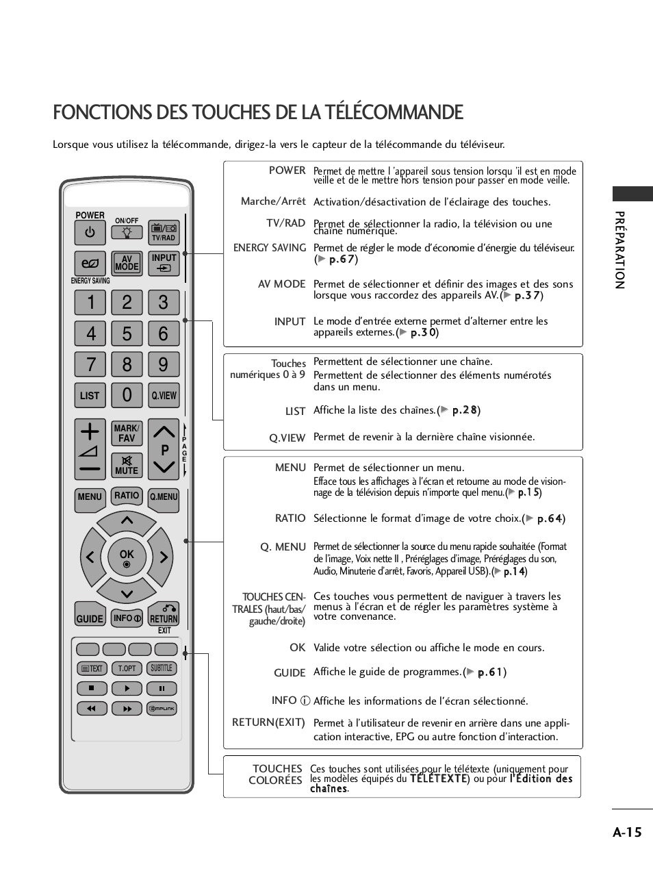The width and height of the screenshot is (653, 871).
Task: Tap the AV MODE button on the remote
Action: click(x=127, y=264)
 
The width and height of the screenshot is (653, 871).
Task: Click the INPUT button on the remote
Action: click(x=164, y=264)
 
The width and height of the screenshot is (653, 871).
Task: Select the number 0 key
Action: click(x=127, y=395)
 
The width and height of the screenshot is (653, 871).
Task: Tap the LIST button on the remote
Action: click(x=90, y=395)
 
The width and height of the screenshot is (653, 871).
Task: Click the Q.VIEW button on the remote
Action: click(x=164, y=395)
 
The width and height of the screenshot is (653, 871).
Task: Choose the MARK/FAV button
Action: click(x=127, y=433)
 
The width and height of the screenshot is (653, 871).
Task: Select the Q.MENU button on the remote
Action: click(x=164, y=498)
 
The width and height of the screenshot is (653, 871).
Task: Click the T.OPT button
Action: click(x=127, y=668)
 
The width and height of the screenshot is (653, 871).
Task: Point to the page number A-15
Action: click(x=627, y=832)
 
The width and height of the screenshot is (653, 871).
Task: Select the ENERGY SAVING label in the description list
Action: click(x=270, y=248)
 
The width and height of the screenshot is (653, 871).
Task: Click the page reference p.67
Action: click(x=342, y=260)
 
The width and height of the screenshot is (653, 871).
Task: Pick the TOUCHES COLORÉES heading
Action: click(x=277, y=774)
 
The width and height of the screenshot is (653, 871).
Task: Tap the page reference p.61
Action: click(x=491, y=672)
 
